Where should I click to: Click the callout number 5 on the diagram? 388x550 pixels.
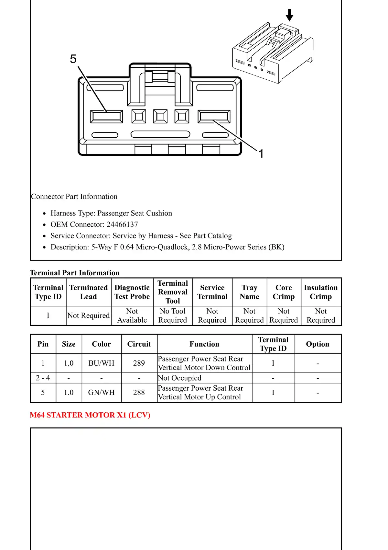[73, 59]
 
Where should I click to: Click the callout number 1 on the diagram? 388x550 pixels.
[261, 154]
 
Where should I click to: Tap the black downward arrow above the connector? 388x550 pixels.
[290, 15]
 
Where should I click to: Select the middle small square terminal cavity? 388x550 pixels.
[160, 117]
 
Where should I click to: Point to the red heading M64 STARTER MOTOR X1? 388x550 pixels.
[90, 415]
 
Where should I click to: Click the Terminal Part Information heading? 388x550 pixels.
[75, 273]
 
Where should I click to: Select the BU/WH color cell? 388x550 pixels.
[102, 363]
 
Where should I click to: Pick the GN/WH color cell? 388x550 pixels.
[102, 393]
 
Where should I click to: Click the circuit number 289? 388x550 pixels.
[139, 363]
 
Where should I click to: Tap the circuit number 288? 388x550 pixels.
[139, 393]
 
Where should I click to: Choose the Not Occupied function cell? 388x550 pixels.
[180, 378]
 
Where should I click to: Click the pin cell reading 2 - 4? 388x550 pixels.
[43, 378]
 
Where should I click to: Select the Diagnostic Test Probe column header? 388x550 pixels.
[132, 292]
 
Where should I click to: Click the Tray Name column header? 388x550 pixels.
[250, 292]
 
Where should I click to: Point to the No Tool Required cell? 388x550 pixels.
[173, 315]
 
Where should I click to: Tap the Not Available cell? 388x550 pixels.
[132, 315]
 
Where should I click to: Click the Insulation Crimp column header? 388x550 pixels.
[321, 292]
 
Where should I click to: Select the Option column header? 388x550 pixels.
[318, 344]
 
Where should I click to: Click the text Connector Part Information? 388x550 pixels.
[74, 197]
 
